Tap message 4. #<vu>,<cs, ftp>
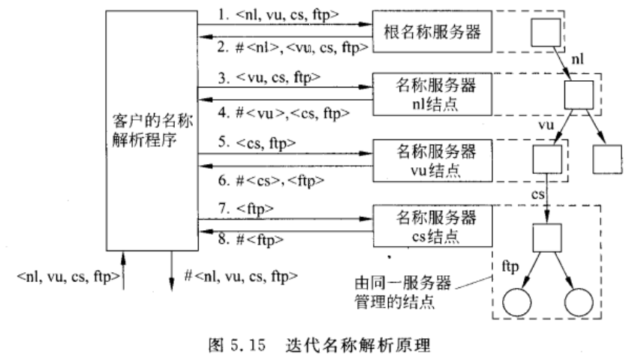277,113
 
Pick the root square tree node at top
545,31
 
